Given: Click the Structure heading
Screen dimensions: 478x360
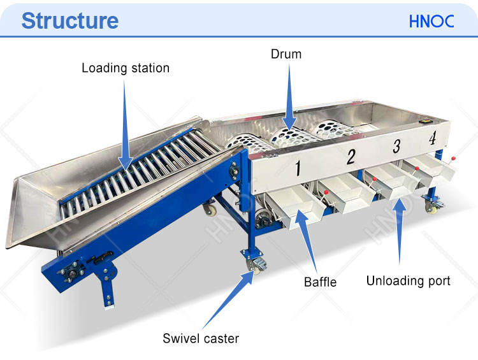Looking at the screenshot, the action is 69,20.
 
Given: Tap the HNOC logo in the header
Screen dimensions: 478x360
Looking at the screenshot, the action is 431,21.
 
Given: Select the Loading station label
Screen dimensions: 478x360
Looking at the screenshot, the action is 126,68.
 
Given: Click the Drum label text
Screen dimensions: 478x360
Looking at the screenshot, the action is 286,54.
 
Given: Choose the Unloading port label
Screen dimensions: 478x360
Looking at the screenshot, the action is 408,280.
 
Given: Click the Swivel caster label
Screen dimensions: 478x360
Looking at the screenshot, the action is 200,338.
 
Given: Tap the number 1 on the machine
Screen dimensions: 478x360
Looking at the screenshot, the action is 296,169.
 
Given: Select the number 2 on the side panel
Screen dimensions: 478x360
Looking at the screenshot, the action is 350,157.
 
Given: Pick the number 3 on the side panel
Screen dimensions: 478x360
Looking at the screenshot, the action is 396,147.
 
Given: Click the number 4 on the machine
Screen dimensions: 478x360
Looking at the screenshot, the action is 433,138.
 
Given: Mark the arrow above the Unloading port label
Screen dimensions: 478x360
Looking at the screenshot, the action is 400,236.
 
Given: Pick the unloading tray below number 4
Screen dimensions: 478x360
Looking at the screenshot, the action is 433,167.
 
